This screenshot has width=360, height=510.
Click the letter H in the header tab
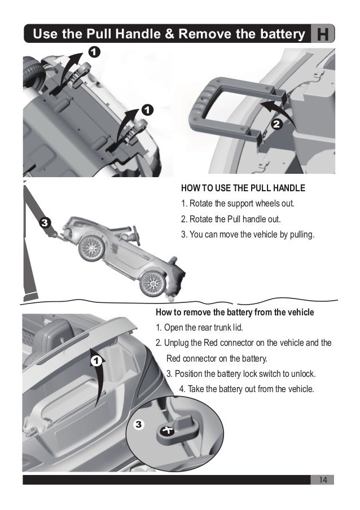point(324,34)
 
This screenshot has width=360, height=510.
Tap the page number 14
point(323,480)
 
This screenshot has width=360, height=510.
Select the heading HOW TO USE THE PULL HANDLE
point(243,188)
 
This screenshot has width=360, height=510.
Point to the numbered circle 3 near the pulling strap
point(45,223)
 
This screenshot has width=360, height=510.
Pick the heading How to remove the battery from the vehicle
point(234,312)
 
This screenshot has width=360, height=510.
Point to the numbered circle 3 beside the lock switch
point(139,424)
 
